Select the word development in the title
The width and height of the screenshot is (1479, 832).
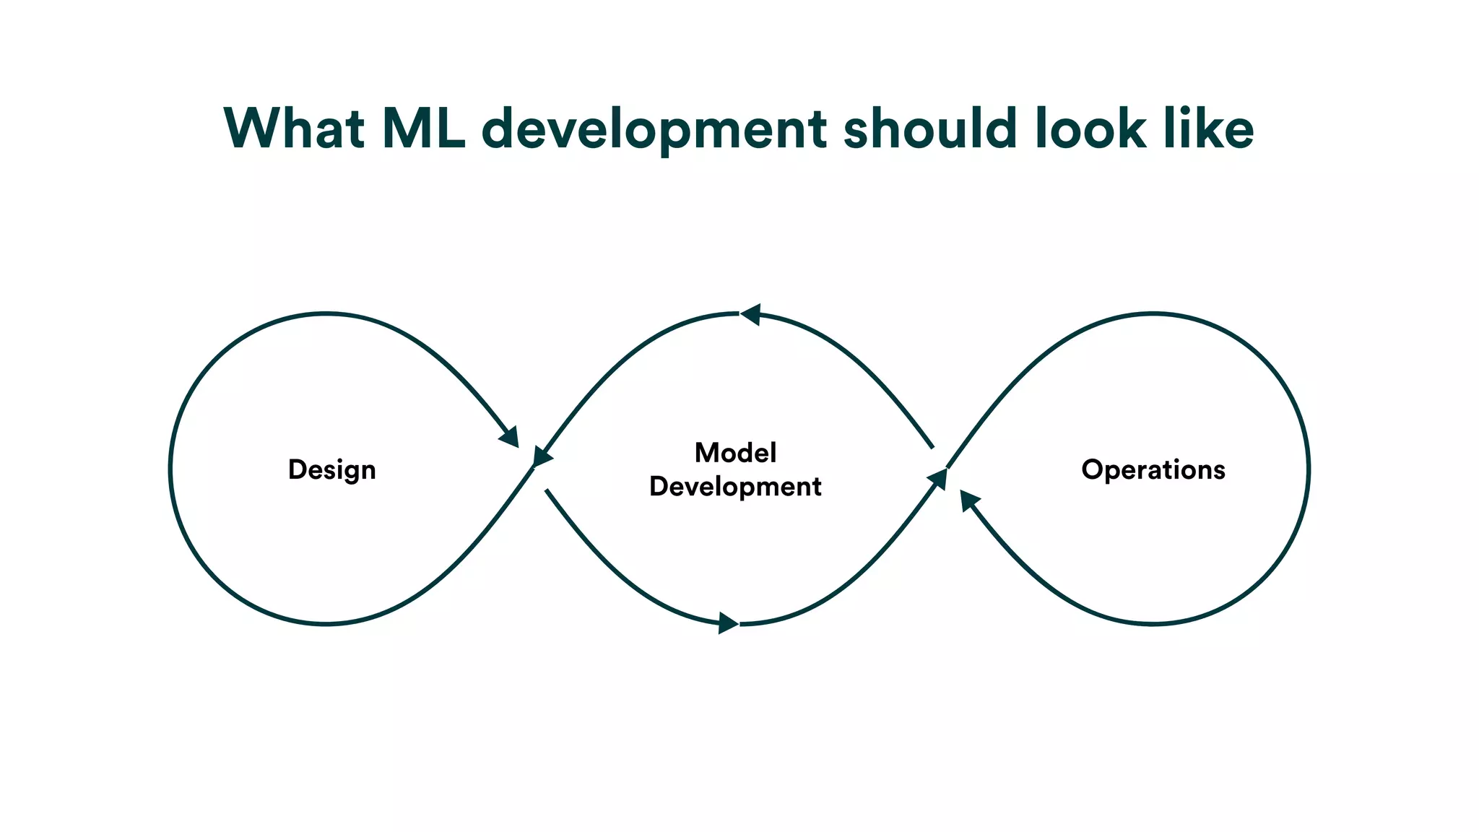tap(654, 130)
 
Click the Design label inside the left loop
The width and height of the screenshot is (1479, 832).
tap(331, 470)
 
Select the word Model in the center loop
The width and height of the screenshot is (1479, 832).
tap(735, 453)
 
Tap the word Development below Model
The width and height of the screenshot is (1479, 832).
tap(735, 487)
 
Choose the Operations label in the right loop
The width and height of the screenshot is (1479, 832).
tap(1153, 469)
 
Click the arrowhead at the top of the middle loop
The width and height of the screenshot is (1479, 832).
tap(751, 315)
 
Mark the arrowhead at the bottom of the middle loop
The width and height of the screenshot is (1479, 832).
tap(727, 623)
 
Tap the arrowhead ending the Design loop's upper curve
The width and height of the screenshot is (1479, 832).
tap(510, 436)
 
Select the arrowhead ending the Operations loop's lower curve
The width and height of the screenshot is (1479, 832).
tap(968, 500)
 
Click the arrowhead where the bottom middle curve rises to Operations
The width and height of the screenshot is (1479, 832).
tap(938, 478)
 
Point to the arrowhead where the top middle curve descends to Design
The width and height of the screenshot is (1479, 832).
tap(541, 457)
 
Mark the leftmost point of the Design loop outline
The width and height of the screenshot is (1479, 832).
tap(171, 469)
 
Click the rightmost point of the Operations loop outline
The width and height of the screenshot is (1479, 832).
tap(1308, 469)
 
